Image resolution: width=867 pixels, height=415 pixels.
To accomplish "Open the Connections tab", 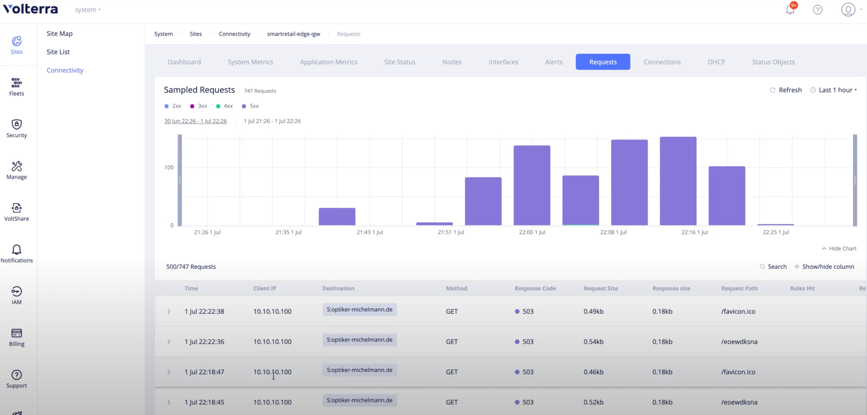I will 662,62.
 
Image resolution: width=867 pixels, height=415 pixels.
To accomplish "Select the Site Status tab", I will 399,62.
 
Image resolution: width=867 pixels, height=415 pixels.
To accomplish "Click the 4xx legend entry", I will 225,106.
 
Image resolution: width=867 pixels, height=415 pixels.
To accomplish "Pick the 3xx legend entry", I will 199,106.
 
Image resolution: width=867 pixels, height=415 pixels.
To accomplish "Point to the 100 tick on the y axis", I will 169,167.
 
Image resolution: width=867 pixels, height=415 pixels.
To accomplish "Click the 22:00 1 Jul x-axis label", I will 532,232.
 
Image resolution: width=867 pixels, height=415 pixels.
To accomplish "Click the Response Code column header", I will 535,288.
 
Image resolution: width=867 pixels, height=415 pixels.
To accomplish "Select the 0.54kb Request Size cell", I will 593,342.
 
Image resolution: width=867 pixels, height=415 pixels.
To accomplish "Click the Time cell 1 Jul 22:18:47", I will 204,372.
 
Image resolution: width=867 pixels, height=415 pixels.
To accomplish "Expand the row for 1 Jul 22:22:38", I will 169,312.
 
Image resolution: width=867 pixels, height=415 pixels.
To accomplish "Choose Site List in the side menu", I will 58,52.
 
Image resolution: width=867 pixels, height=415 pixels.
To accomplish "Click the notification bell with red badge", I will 790,9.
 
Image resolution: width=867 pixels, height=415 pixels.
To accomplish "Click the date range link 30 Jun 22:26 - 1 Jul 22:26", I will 195,121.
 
